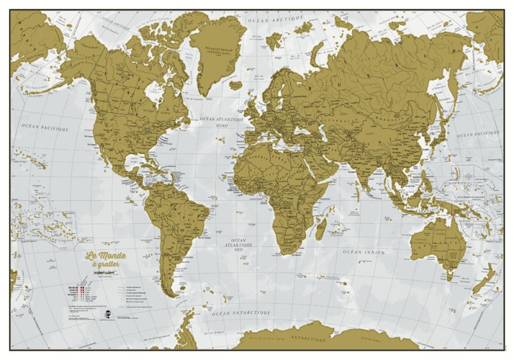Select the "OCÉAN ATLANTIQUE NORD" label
[x=220, y=122]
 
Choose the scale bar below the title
[x=106, y=274]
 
